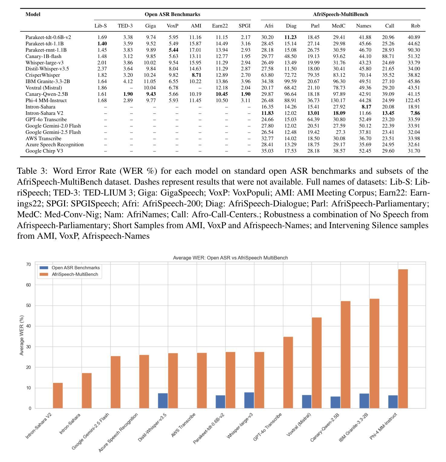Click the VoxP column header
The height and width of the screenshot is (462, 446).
[172, 26]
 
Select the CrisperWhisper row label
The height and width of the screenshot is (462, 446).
[43, 75]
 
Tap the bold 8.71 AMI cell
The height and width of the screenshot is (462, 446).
[196, 75]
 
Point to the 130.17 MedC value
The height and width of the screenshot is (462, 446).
[338, 100]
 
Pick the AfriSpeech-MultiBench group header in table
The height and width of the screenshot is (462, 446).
[340, 14]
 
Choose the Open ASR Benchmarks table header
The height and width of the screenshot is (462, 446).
[172, 14]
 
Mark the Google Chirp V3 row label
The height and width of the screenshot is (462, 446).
[44, 151]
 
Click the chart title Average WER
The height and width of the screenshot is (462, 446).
[230, 258]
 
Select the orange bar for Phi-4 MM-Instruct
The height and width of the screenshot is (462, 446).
[403, 338]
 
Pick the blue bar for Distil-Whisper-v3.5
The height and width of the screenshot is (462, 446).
[163, 401]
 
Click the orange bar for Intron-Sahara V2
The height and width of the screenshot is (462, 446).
[58, 396]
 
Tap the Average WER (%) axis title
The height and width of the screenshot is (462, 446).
[21, 335]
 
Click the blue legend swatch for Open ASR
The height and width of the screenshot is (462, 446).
[44, 268]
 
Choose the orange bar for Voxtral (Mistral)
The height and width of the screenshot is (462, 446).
[317, 363]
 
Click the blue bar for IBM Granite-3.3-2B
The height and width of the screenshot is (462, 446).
[364, 401]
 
